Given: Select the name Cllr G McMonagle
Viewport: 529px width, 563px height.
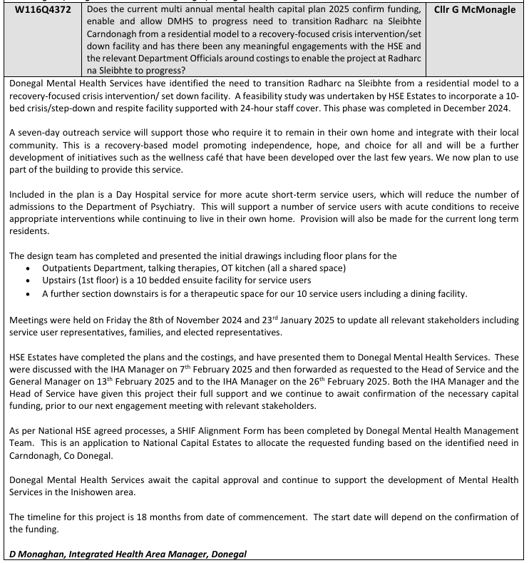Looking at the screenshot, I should [x=475, y=10].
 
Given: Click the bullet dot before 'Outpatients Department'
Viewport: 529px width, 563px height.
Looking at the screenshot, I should [x=26, y=268].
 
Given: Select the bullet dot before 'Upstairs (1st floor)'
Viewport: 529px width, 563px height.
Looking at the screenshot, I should [x=26, y=280].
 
